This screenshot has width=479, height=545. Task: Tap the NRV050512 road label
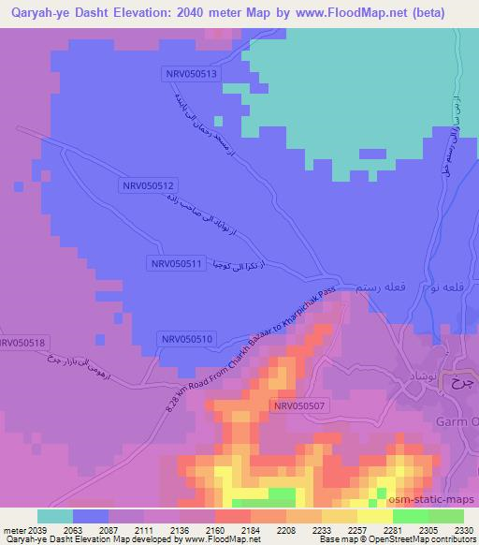click(x=149, y=186)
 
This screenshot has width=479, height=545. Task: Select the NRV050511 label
click(x=176, y=264)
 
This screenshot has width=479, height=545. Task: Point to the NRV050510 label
click(x=187, y=338)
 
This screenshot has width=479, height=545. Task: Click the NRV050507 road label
click(x=300, y=405)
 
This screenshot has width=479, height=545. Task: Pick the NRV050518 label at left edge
click(x=21, y=344)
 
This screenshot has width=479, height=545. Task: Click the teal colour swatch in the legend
click(x=54, y=516)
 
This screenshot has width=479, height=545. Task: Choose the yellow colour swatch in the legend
click(x=374, y=516)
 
